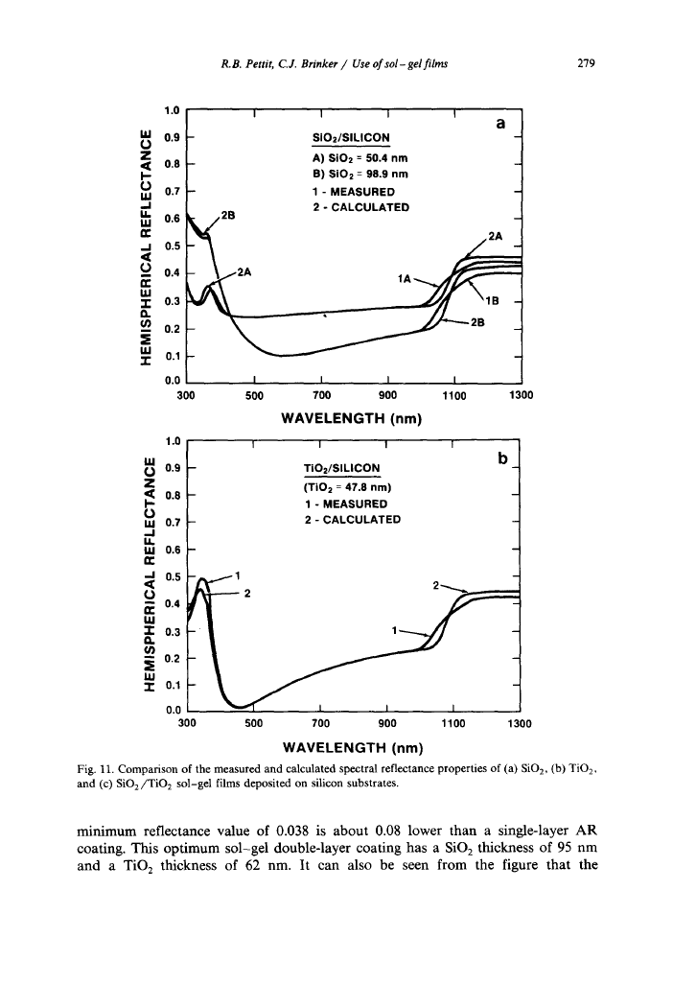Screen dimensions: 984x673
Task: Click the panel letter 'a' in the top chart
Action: coord(499,125)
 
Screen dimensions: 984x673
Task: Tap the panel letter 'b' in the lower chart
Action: coord(501,460)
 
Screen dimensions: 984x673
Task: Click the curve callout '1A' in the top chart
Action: coord(405,278)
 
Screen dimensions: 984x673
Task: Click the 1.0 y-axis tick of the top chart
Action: coord(173,111)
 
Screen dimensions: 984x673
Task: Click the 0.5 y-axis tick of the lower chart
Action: coord(173,577)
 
